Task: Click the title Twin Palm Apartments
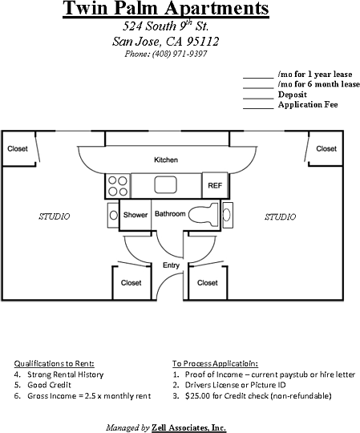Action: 165,10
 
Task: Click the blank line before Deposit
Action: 258,95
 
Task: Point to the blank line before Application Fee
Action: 258,105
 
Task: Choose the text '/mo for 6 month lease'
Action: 318,84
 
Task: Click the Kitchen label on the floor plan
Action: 166,160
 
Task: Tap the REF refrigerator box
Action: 214,185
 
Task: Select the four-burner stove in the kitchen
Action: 117,185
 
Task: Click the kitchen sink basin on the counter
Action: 165,184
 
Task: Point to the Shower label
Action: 135,215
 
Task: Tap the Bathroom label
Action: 170,214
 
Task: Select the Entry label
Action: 171,265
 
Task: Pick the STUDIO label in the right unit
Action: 280,216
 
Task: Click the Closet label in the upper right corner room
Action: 326,148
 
